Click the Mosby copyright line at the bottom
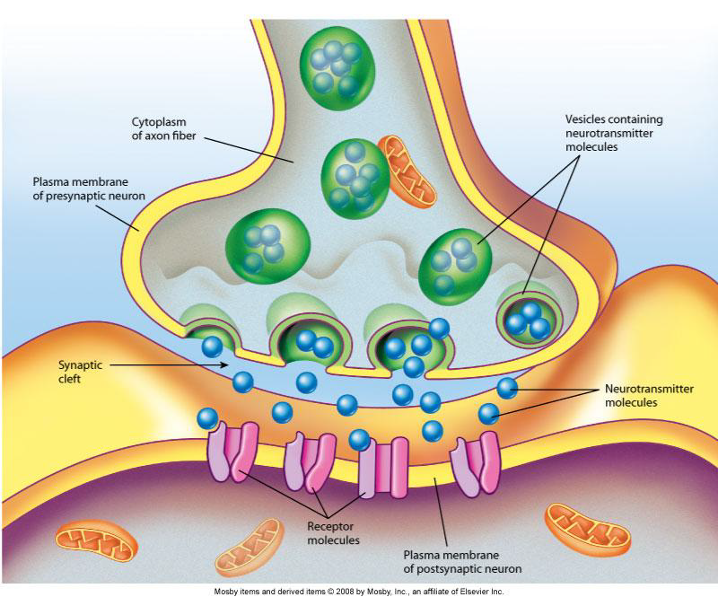coord(359,591)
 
